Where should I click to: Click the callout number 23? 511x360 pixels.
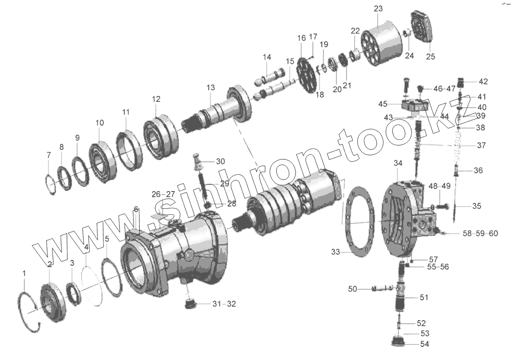(378, 9)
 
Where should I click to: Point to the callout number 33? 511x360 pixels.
(336, 252)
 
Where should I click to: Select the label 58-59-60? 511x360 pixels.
(480, 234)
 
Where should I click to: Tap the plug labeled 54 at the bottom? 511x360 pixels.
(397, 341)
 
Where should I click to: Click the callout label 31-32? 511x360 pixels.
(224, 304)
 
